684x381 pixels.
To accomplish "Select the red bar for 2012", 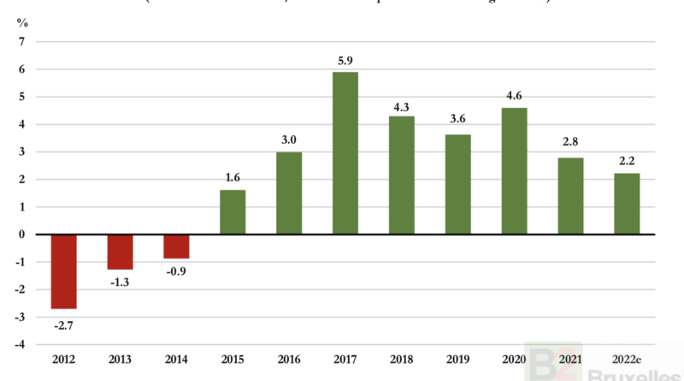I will point(64,271).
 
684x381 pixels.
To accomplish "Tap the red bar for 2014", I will point(176,246).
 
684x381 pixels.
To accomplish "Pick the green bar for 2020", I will point(514,170).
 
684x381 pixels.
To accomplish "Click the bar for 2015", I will point(233,211).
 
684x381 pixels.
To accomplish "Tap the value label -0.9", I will point(176,272).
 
